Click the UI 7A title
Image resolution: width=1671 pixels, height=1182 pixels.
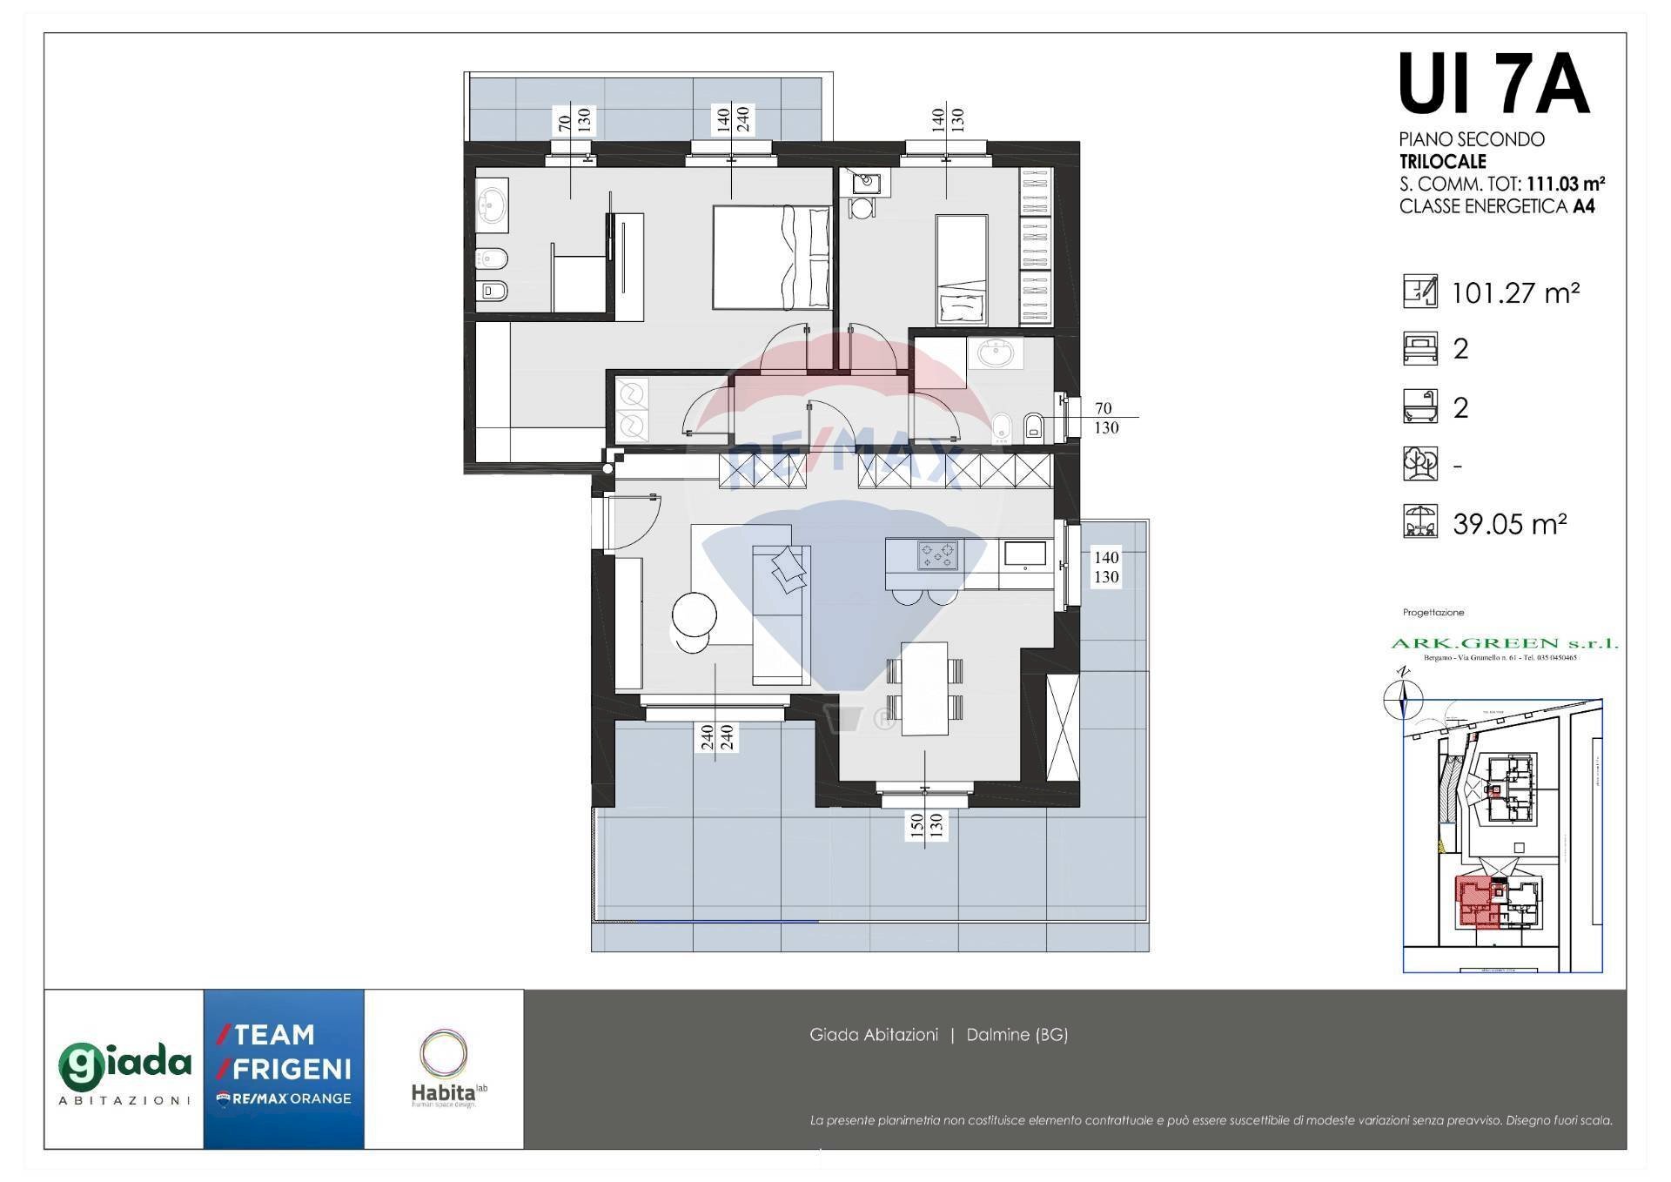click(1493, 85)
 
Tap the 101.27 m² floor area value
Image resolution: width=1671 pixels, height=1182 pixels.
click(1515, 293)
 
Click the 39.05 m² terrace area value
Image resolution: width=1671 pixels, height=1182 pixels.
click(1509, 524)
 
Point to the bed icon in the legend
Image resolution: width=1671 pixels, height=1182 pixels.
click(1419, 348)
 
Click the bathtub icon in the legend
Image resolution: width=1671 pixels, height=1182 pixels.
click(1419, 406)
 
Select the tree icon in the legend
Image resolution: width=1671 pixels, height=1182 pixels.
click(1419, 464)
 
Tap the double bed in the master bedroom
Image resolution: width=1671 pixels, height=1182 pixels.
click(771, 257)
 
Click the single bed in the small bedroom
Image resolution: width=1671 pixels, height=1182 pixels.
click(961, 270)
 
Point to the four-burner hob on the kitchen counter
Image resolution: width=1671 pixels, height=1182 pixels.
click(937, 555)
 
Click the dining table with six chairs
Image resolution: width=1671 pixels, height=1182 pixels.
click(924, 688)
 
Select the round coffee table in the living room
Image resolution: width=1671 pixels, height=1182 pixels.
click(694, 615)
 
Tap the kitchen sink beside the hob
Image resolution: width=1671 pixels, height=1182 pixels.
click(1025, 554)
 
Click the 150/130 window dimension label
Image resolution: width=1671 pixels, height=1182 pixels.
click(925, 825)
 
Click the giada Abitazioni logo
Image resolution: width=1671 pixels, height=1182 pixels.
click(124, 1071)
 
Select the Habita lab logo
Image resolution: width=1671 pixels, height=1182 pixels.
click(446, 1071)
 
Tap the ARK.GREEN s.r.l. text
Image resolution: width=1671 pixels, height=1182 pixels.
click(1504, 643)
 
